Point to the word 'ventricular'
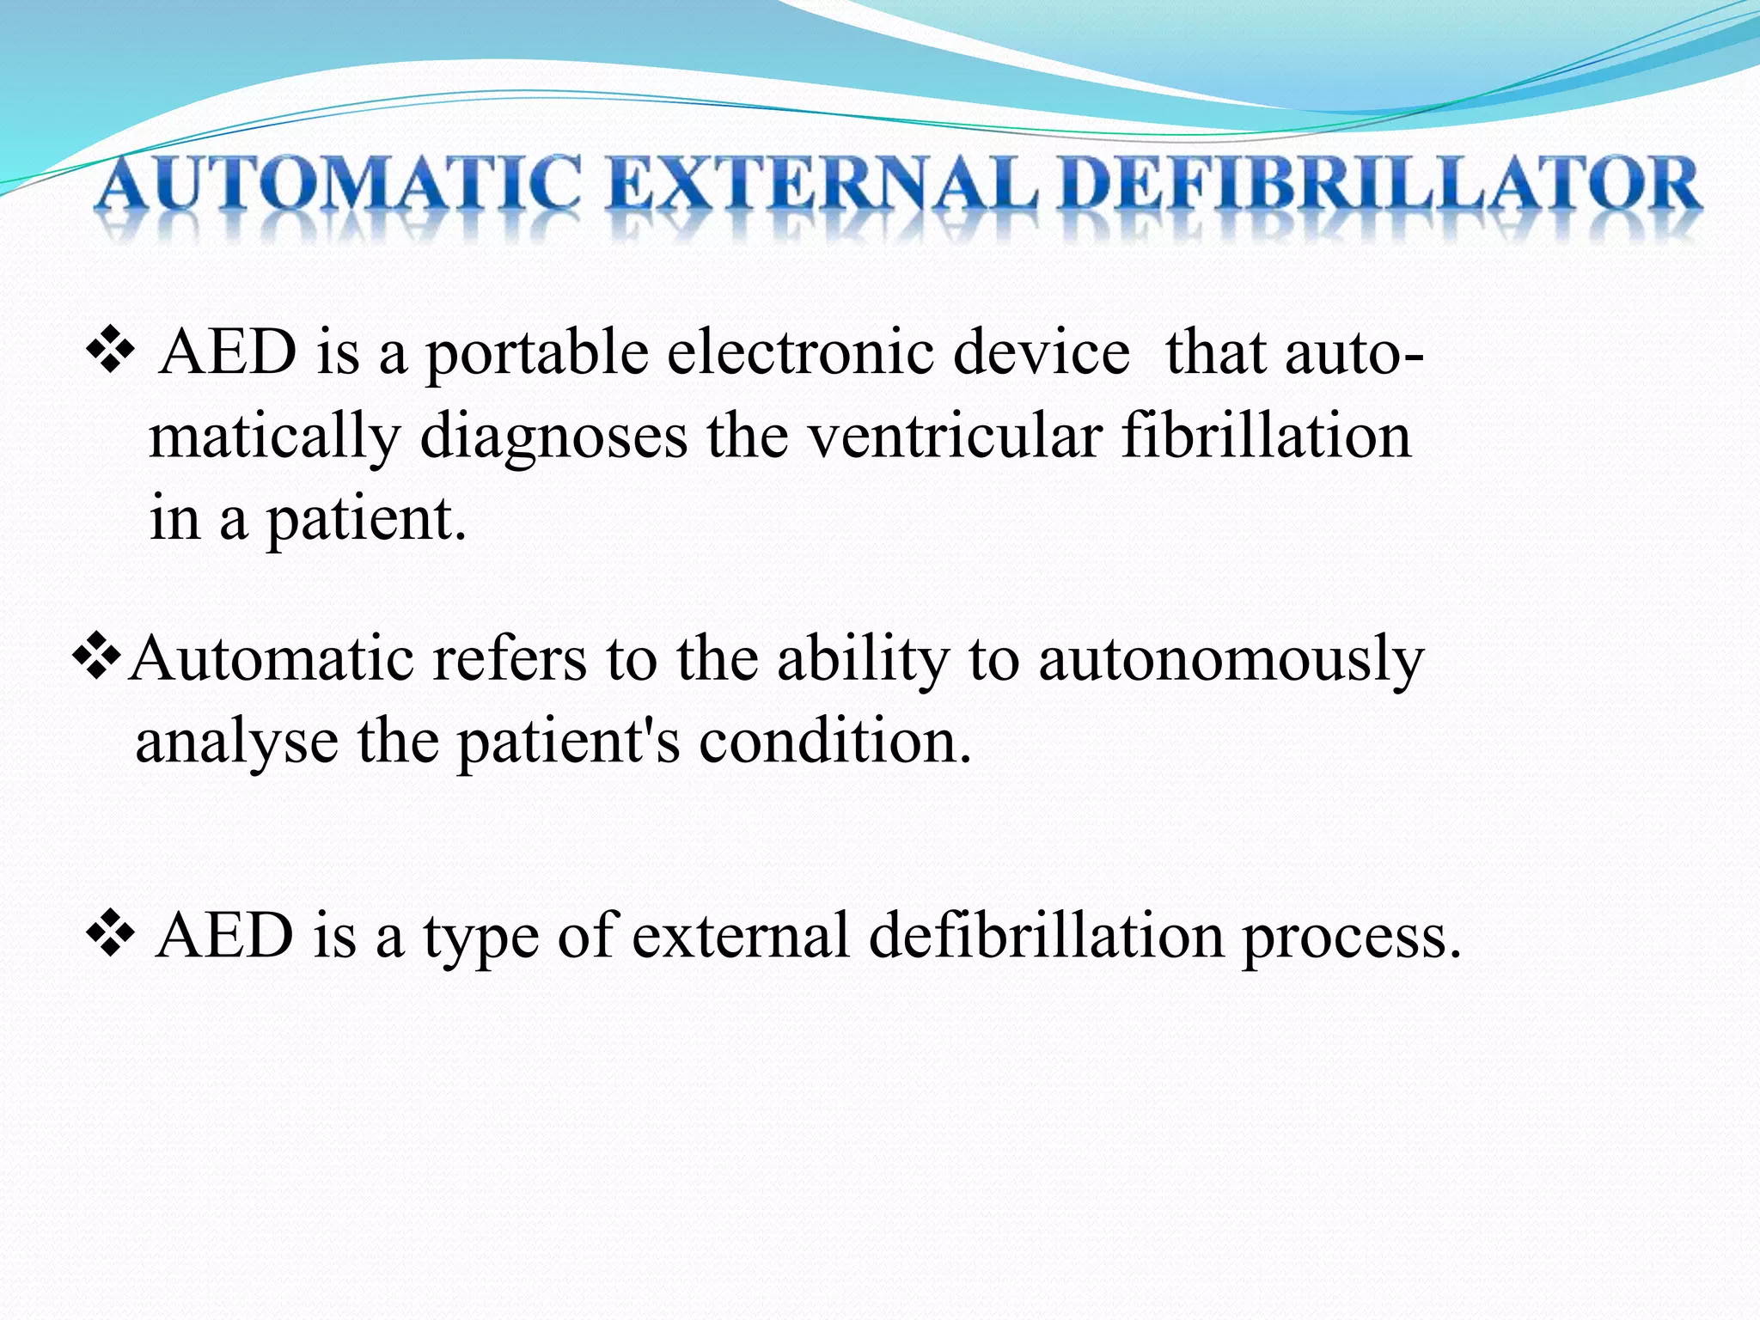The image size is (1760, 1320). coord(955,436)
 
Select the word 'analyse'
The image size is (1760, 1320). coord(237,742)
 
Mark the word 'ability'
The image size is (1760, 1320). coord(863,660)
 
